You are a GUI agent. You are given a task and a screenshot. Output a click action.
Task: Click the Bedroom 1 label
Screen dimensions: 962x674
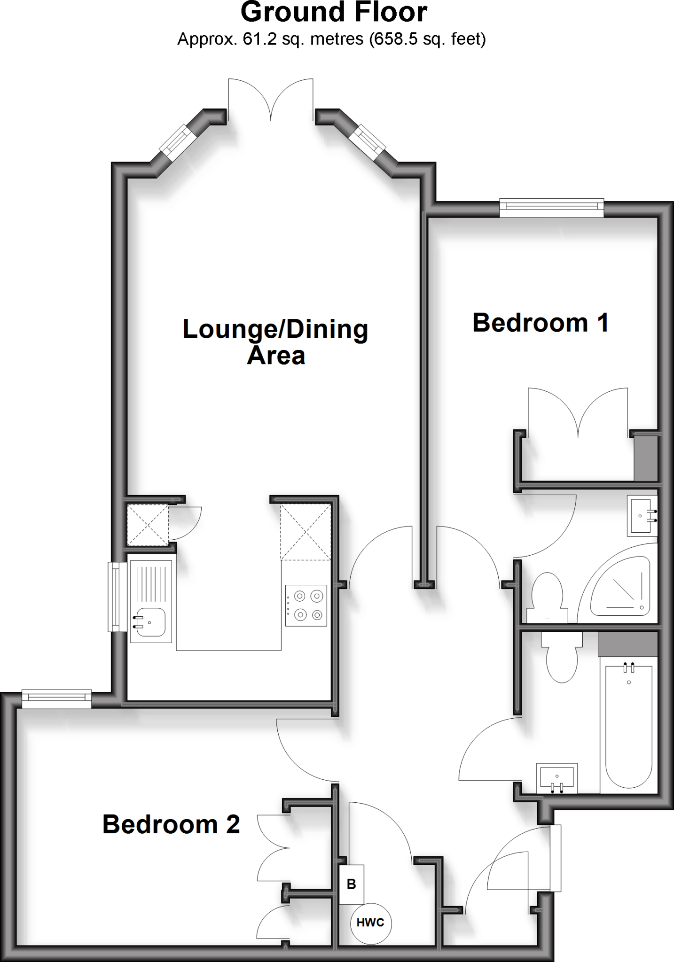click(x=541, y=323)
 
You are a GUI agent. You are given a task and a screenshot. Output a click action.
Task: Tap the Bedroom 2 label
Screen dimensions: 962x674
click(x=171, y=824)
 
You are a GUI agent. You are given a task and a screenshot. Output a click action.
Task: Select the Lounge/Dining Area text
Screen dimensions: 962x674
click(x=275, y=341)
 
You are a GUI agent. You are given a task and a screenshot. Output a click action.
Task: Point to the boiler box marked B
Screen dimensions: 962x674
click(x=352, y=884)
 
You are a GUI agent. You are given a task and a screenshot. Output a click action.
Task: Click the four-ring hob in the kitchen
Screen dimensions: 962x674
click(x=306, y=605)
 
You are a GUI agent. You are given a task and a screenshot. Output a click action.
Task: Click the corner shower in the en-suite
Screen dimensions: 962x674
click(x=620, y=587)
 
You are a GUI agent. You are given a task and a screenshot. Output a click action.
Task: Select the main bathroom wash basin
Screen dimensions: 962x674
click(x=557, y=778)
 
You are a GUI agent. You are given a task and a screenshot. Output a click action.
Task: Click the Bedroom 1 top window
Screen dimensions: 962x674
click(x=551, y=208)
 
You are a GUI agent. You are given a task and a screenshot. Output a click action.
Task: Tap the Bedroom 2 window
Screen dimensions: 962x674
click(x=56, y=699)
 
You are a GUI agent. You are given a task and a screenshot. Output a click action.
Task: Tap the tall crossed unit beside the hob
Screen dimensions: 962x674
click(x=306, y=532)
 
